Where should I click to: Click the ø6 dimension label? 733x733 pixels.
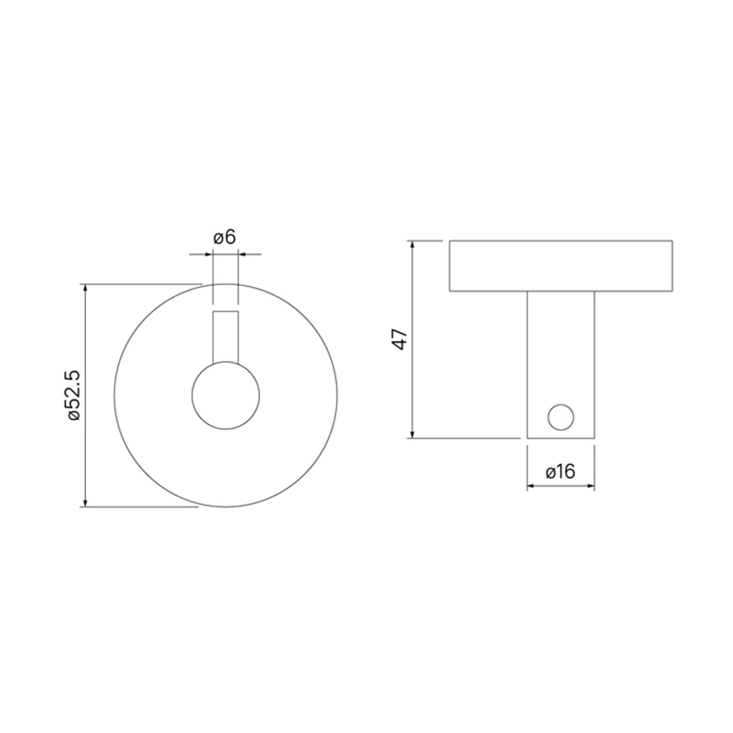(x=225, y=238)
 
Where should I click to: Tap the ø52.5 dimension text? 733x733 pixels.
(x=74, y=395)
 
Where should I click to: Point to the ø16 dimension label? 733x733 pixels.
(x=560, y=472)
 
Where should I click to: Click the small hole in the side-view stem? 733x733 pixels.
(x=561, y=417)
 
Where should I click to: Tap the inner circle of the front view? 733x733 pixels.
(x=225, y=396)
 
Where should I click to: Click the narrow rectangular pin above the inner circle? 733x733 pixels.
(x=225, y=337)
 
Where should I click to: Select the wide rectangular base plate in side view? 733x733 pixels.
(x=561, y=266)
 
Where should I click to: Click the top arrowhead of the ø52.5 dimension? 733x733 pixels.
(x=85, y=288)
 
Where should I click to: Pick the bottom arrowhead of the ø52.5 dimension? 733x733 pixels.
(x=85, y=503)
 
